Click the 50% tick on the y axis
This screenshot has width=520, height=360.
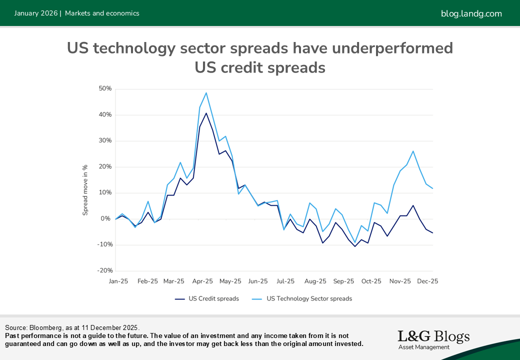point(105,89)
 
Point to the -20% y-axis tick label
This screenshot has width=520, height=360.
point(104,270)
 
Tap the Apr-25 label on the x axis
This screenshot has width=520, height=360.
point(203,281)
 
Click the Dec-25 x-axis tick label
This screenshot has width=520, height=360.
point(428,281)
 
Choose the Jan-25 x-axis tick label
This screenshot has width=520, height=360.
point(118,281)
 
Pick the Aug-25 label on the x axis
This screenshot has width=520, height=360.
point(315,281)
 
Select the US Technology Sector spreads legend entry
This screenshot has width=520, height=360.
point(309,299)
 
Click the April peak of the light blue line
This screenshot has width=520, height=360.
point(206,92)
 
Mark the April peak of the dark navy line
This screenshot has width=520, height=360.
point(206,113)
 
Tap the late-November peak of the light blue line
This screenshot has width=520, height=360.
point(413,151)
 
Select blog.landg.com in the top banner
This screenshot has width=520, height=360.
point(471,13)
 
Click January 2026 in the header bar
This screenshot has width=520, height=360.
point(35,13)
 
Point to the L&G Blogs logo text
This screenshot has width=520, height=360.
point(433,336)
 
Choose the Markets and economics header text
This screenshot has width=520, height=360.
point(102,13)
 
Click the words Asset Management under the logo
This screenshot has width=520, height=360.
point(423,347)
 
